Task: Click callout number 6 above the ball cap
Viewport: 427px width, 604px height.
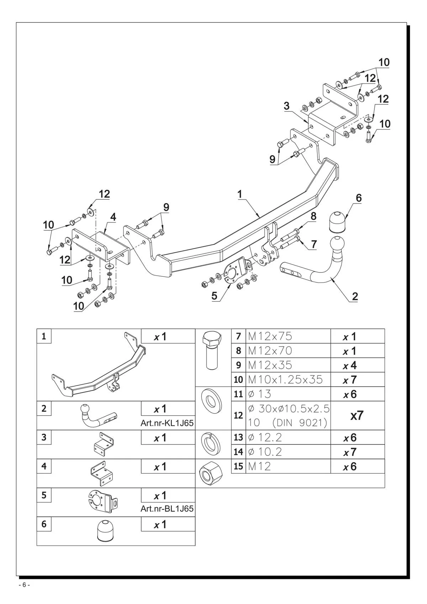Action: coord(359,198)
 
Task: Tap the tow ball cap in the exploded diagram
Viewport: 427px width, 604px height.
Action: coord(337,222)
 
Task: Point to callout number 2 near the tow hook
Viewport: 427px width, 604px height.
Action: coord(355,296)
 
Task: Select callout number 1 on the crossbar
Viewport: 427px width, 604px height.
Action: coord(240,194)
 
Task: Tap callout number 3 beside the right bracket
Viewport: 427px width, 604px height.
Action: coord(287,106)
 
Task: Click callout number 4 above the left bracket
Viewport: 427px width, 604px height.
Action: coord(113,217)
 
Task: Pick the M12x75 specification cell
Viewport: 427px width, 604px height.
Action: coord(288,336)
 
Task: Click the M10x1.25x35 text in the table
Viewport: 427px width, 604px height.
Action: coord(285,380)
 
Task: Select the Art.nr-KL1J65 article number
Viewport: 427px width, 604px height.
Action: coord(167,423)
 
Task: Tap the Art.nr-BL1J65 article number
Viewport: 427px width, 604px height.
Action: coord(167,509)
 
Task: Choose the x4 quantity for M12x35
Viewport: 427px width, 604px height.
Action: coord(350,365)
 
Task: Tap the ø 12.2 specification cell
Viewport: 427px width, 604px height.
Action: coord(288,437)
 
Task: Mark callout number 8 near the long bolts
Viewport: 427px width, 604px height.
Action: coord(313,216)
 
